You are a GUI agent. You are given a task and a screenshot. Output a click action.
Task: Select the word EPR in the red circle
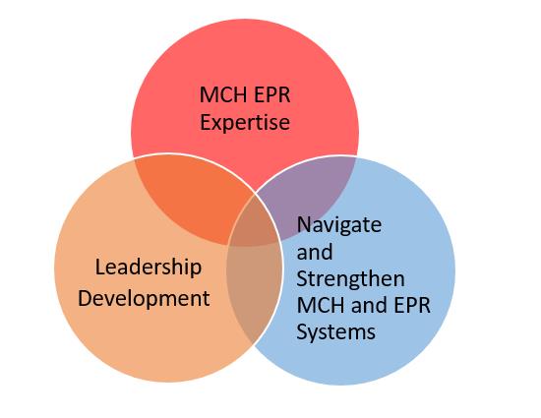pos(271,94)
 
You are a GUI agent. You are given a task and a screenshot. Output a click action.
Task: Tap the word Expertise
pos(245,123)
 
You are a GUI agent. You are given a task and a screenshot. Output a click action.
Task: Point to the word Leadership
pos(149,268)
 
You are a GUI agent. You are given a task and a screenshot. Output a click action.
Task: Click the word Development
pos(144,298)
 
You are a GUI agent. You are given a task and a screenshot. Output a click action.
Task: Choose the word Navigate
pos(339,225)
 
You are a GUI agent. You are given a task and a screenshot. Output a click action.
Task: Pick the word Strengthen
pos(350,278)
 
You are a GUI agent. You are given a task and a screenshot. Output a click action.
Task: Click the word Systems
pos(336,331)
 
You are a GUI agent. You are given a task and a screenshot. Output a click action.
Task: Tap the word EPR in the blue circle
pos(412,305)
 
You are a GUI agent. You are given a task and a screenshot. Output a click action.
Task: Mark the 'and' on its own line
pos(315,252)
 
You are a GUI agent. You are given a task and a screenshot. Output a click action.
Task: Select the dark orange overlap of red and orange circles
pos(190,197)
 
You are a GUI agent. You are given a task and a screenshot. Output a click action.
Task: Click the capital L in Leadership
pos(99,268)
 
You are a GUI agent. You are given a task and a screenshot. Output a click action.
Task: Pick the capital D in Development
pos(86,298)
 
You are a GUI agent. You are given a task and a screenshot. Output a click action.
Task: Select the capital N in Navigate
pos(304,225)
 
